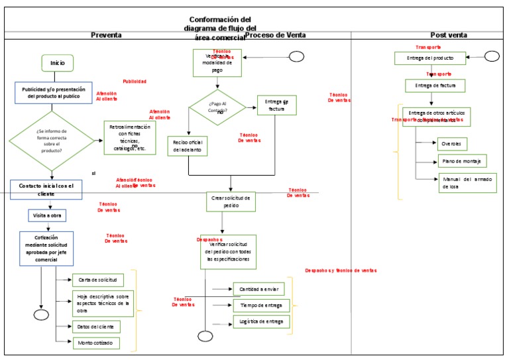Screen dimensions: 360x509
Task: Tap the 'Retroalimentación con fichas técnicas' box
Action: pos(130,138)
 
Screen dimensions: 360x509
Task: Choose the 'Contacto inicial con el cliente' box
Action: pos(46,189)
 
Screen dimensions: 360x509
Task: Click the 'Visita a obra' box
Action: pos(46,215)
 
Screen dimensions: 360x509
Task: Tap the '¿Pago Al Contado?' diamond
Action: pos(217,108)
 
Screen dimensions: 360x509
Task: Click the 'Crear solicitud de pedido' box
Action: pos(231,202)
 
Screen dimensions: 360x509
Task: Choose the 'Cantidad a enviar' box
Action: pos(258,289)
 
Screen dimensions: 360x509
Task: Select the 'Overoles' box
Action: pos(455,143)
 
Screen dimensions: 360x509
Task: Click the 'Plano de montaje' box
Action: pos(461,161)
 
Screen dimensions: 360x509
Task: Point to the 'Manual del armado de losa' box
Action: pos(467,183)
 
